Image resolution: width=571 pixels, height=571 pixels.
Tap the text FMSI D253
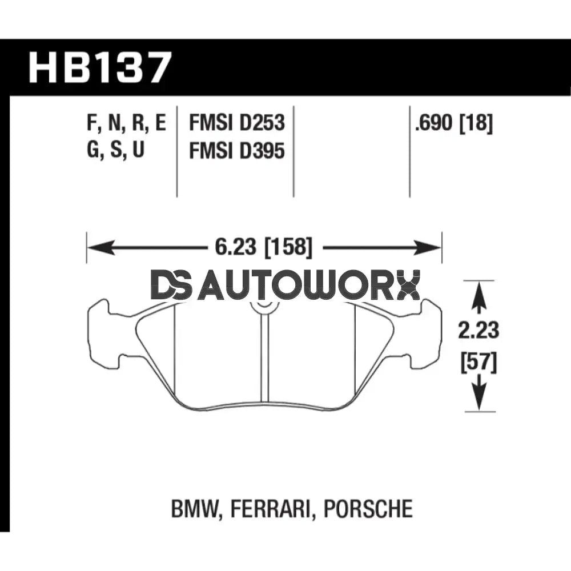coord(236,124)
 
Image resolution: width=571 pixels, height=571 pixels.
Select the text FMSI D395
coord(236,152)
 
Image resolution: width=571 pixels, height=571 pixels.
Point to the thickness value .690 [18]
coord(454,124)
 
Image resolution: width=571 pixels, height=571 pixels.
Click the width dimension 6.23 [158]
coord(263,248)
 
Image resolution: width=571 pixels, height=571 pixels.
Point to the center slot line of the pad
coord(264,360)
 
